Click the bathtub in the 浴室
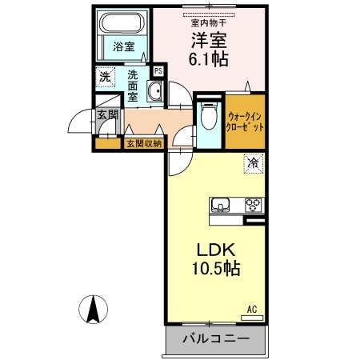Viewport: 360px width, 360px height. tap(122, 22)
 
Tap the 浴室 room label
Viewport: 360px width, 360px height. tap(124, 47)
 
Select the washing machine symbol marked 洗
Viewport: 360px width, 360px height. tap(106, 77)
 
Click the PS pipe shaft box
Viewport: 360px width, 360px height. tap(158, 71)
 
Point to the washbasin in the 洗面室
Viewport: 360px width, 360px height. tap(154, 90)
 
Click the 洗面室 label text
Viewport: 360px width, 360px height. tap(133, 86)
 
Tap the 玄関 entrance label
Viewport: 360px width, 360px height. tap(107, 114)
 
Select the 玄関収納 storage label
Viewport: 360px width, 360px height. tap(144, 144)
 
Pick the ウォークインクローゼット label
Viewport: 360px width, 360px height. tap(245, 122)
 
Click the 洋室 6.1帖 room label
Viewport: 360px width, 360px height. tap(209, 50)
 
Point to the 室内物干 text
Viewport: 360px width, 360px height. tap(209, 23)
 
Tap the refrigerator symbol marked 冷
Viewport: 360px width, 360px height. tap(253, 163)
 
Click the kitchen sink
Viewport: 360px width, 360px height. tap(220, 205)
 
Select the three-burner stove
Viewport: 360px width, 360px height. tap(253, 205)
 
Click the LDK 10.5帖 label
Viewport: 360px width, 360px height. tap(216, 259)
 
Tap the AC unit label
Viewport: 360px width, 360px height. tap(252, 310)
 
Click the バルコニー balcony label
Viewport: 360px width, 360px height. tap(216, 339)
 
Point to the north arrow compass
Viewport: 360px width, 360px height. tap(93, 310)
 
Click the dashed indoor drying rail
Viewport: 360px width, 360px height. tap(209, 15)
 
